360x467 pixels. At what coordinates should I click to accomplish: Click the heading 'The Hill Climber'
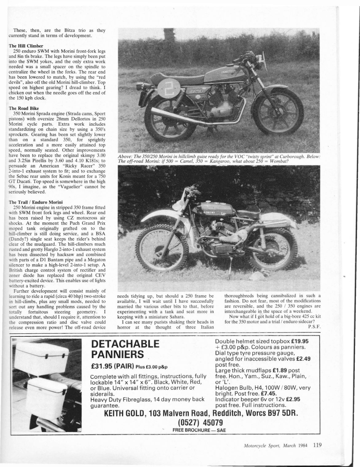tap(26, 46)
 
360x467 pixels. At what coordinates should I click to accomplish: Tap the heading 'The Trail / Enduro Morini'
tap(36, 202)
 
